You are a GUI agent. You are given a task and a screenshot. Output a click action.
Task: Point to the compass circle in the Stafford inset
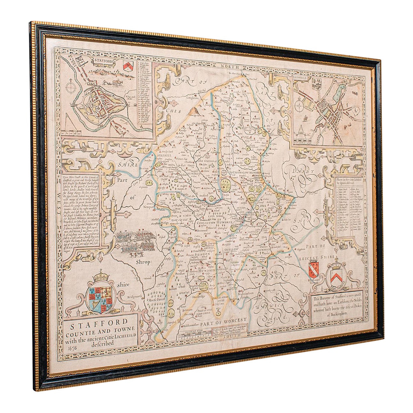coord(71,87)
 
